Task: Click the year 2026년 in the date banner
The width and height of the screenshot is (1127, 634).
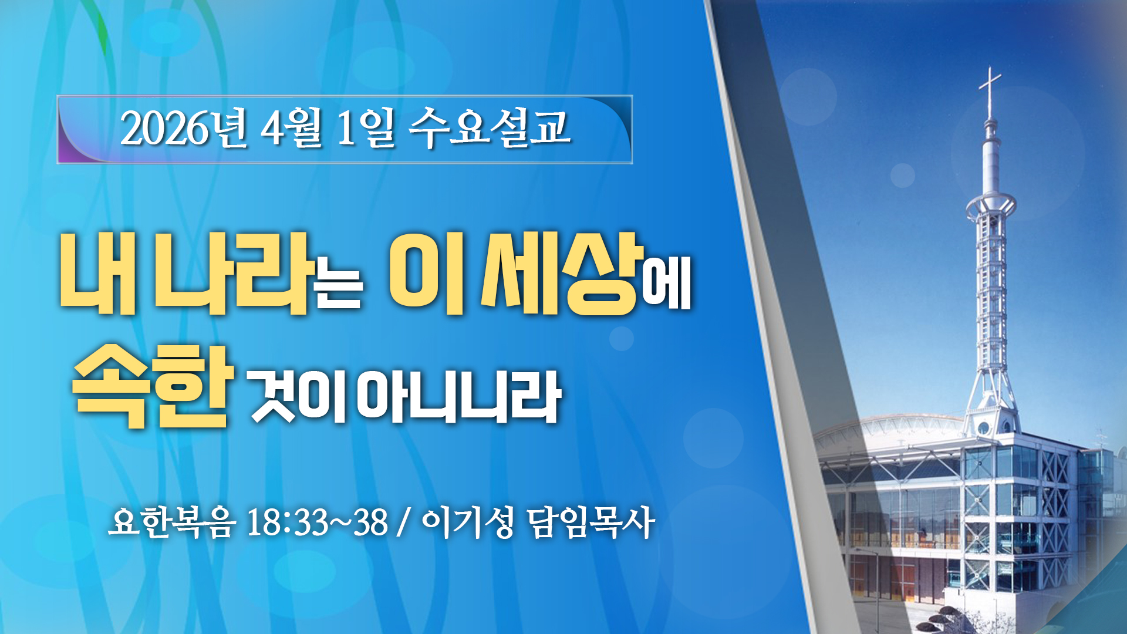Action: pos(184,128)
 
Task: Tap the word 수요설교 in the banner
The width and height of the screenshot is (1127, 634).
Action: pos(490,127)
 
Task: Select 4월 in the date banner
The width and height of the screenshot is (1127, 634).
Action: pos(292,128)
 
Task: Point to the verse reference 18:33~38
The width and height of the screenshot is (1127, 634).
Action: pos(318,522)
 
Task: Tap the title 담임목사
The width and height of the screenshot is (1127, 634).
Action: pos(591,522)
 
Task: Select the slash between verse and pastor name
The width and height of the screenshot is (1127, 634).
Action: pos(403,522)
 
